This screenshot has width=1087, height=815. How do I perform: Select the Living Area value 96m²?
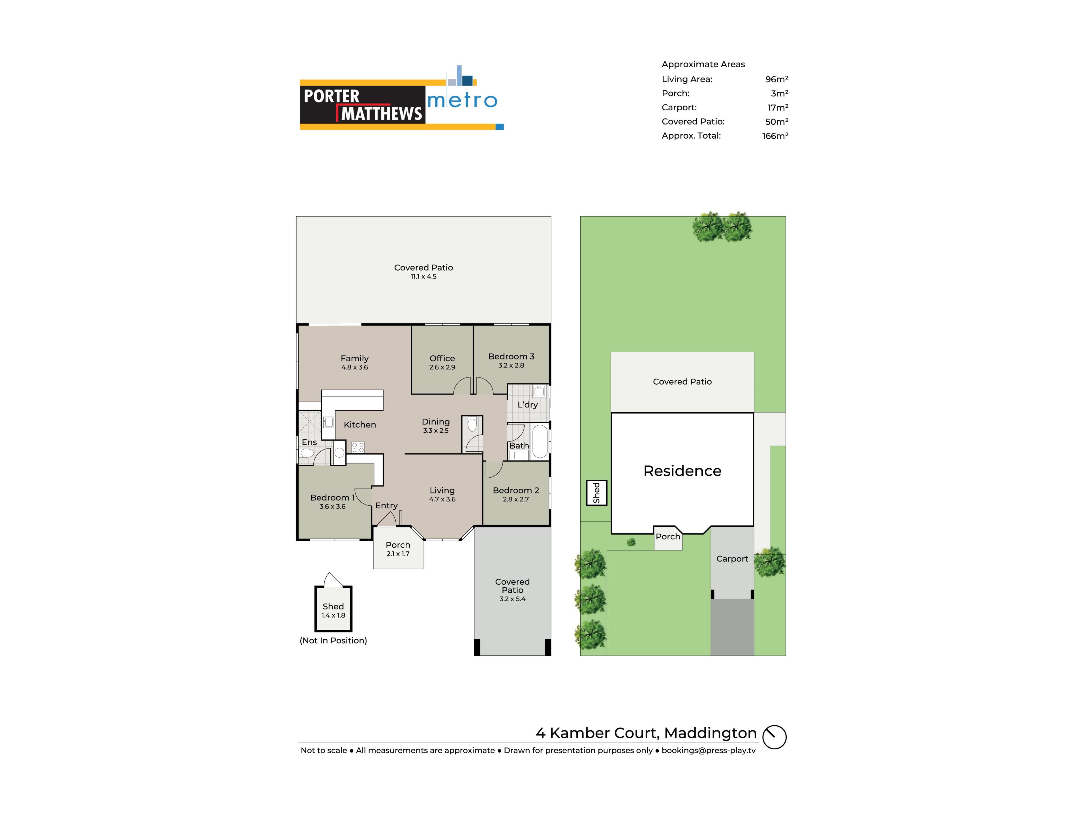[x=776, y=79]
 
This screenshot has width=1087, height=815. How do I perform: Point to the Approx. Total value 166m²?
[x=775, y=136]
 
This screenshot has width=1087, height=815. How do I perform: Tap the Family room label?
[x=354, y=359]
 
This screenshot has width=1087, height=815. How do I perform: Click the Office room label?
[x=442, y=359]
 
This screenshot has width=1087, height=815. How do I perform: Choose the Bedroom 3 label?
[x=511, y=357]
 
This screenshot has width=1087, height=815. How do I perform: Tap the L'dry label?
[x=527, y=405]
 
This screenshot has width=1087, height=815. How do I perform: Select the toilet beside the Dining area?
[x=472, y=424]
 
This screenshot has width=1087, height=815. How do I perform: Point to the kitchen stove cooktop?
[x=358, y=447]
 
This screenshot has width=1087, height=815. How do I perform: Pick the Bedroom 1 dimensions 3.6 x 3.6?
[x=332, y=507]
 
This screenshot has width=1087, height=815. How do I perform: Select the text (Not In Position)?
[x=333, y=641]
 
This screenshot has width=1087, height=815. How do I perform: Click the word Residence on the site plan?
[x=682, y=471]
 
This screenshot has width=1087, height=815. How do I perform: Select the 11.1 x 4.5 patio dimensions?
[x=423, y=276]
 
